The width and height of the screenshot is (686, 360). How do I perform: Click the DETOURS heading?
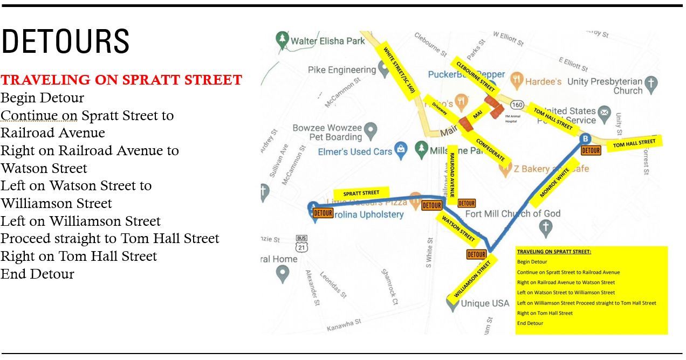[x=65, y=41]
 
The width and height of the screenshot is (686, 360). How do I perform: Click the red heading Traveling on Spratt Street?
[x=121, y=80]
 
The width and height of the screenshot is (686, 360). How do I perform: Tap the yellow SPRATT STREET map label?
[x=361, y=193]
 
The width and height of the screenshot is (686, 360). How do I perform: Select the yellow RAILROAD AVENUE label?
[x=452, y=171]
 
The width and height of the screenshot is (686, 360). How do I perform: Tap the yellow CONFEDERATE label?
[x=490, y=147]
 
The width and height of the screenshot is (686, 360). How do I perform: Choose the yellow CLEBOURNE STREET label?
[x=475, y=76]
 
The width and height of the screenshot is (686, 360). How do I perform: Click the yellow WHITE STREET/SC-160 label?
[x=399, y=70]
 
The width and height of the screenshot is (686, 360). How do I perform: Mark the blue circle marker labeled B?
[x=585, y=139]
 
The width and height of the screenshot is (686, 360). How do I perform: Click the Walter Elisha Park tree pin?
[x=282, y=39]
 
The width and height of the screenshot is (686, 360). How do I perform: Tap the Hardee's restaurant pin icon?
[x=517, y=81]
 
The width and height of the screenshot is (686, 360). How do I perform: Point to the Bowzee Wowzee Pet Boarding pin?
[x=370, y=130]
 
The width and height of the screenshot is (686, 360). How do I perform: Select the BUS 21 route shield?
[x=301, y=245]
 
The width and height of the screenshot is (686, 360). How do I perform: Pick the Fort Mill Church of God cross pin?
[x=546, y=228]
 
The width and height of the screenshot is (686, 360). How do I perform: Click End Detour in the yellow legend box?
[x=530, y=323]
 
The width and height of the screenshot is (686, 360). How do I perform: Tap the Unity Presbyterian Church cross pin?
[x=651, y=84]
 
